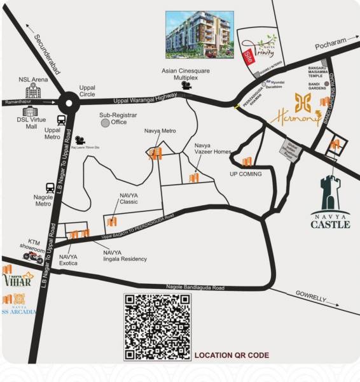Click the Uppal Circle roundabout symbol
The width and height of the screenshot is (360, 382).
69,101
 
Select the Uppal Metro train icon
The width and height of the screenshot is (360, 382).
62,119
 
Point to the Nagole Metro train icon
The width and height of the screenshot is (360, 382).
50,188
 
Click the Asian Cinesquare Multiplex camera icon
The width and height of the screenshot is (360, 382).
186,84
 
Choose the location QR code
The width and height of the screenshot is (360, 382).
157,326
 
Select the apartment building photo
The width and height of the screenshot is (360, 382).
198,33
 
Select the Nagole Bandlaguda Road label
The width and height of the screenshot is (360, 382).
195,288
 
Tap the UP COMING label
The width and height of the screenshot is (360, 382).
246,173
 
